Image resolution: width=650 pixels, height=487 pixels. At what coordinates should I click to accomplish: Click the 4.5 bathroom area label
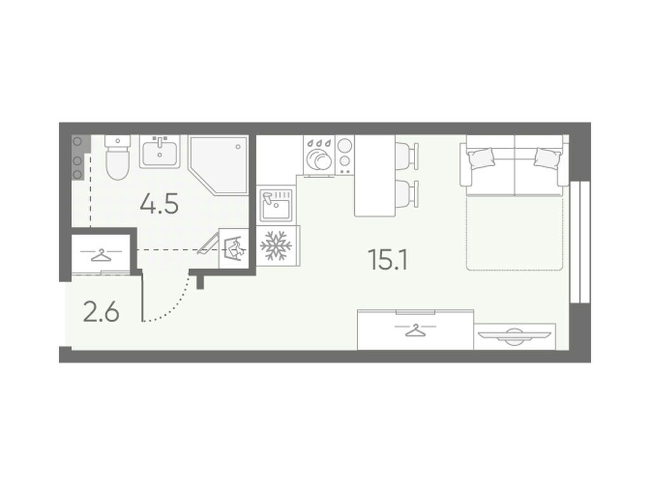tap(159, 205)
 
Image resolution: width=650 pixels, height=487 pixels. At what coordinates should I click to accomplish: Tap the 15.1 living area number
tap(388, 261)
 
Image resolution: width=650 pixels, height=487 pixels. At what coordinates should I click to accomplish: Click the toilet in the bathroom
tap(117, 157)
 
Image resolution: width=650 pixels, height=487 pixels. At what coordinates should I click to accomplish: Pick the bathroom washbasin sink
tap(159, 152)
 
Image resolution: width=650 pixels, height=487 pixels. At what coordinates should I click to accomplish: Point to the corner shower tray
tap(218, 164)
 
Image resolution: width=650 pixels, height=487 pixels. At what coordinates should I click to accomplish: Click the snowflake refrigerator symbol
tap(276, 246)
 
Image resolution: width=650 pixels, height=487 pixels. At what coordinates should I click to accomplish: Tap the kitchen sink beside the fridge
tap(277, 205)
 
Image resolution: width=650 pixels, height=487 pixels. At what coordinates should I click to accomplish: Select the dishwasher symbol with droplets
tap(319, 155)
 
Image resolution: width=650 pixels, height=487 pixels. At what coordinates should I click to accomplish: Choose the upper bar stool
tap(407, 156)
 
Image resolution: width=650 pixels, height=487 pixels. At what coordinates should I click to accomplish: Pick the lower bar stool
tap(407, 193)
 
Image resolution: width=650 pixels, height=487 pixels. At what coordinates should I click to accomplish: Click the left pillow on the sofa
tap(481, 157)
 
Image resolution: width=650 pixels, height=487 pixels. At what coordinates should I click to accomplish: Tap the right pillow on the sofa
tap(548, 157)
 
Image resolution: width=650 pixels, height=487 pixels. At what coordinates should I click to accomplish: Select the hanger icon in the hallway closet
tap(101, 255)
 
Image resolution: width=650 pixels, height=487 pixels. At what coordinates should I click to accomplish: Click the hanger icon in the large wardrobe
tap(415, 330)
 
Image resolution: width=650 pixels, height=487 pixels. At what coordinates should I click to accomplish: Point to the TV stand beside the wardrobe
tap(514, 336)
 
